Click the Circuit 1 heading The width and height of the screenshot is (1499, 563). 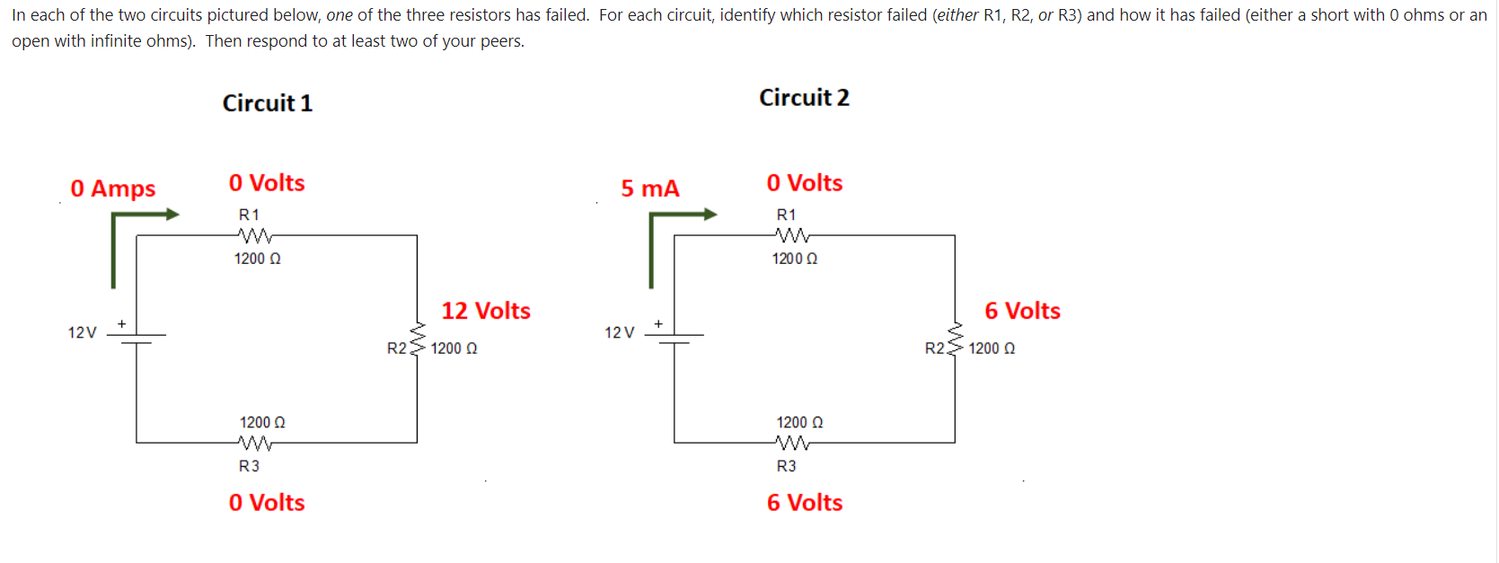[x=267, y=103]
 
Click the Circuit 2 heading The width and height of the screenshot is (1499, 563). [x=804, y=98]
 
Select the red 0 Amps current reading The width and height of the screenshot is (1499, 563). [x=112, y=189]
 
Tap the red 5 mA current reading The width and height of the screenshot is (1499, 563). [x=650, y=189]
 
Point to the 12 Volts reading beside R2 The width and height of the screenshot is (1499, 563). [x=485, y=311]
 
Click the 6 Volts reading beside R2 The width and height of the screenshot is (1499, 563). [x=1022, y=311]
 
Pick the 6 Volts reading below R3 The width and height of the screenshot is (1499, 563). [x=804, y=503]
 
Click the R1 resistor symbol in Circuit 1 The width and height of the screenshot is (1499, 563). [x=255, y=236]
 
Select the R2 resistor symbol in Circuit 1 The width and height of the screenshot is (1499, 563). [x=417, y=338]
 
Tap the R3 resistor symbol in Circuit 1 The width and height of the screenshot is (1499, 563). [x=255, y=443]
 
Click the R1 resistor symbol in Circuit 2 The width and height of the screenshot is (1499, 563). [x=792, y=236]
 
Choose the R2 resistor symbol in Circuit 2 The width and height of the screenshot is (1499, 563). [x=955, y=338]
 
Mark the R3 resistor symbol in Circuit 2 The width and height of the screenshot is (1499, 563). [x=792, y=443]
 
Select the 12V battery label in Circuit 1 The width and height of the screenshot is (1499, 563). [x=82, y=333]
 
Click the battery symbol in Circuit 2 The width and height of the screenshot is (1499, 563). [x=675, y=338]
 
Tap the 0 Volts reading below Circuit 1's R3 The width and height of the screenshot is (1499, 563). [x=266, y=503]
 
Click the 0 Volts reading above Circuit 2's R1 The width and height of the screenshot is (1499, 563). [x=804, y=183]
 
